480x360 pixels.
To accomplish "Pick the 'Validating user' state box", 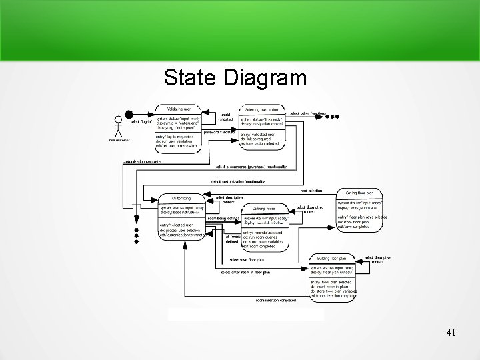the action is [x=177, y=129].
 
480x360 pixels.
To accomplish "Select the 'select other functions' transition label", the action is [x=308, y=113].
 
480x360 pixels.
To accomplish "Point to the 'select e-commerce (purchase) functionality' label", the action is [x=251, y=167].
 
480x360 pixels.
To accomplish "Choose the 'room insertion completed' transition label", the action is [x=276, y=300].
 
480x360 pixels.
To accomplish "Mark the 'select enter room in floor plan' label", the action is [x=245, y=272].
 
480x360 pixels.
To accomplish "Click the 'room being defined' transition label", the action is [x=223, y=218].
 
